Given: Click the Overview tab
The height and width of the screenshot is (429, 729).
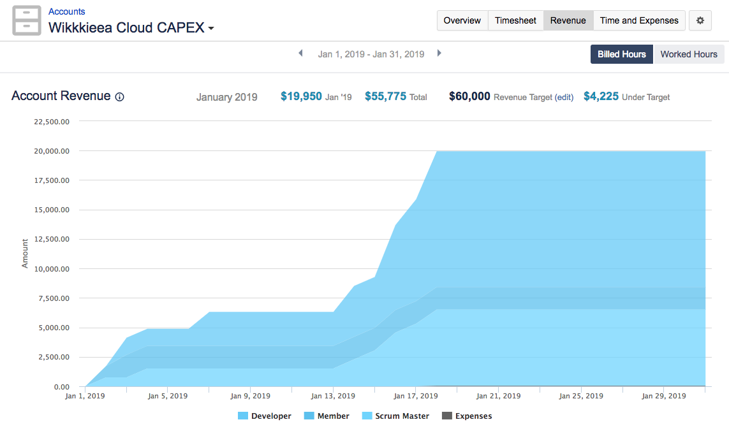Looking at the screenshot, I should pyautogui.click(x=462, y=20).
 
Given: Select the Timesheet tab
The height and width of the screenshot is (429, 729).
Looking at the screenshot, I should pyautogui.click(x=515, y=20).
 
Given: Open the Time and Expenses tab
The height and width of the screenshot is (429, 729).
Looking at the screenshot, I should pyautogui.click(x=639, y=20).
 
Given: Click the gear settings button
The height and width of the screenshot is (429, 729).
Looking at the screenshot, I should pyautogui.click(x=700, y=20).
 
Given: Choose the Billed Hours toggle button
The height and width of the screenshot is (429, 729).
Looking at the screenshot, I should pyautogui.click(x=621, y=54).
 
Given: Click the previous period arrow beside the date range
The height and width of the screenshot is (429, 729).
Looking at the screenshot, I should pyautogui.click(x=300, y=54).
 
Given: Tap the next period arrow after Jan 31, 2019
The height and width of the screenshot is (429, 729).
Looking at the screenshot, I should pyautogui.click(x=439, y=54).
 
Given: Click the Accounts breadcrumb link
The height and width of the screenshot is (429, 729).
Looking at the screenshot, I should pyautogui.click(x=66, y=11).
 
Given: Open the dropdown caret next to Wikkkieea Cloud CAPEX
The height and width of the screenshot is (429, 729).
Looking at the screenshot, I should pyautogui.click(x=211, y=29).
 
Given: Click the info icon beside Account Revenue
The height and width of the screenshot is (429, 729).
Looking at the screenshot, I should pyautogui.click(x=119, y=97).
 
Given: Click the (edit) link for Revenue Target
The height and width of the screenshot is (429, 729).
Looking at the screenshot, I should pyautogui.click(x=564, y=98).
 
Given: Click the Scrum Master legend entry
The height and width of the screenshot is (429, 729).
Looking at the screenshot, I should pyautogui.click(x=395, y=416).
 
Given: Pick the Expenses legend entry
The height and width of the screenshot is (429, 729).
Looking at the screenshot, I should pyautogui.click(x=467, y=416).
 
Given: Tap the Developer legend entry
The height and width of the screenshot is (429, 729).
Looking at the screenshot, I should pyautogui.click(x=264, y=416).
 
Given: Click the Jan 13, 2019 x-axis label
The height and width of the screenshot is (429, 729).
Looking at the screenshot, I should pyautogui.click(x=333, y=396).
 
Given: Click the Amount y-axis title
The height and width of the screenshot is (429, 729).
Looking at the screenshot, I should pyautogui.click(x=25, y=253).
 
